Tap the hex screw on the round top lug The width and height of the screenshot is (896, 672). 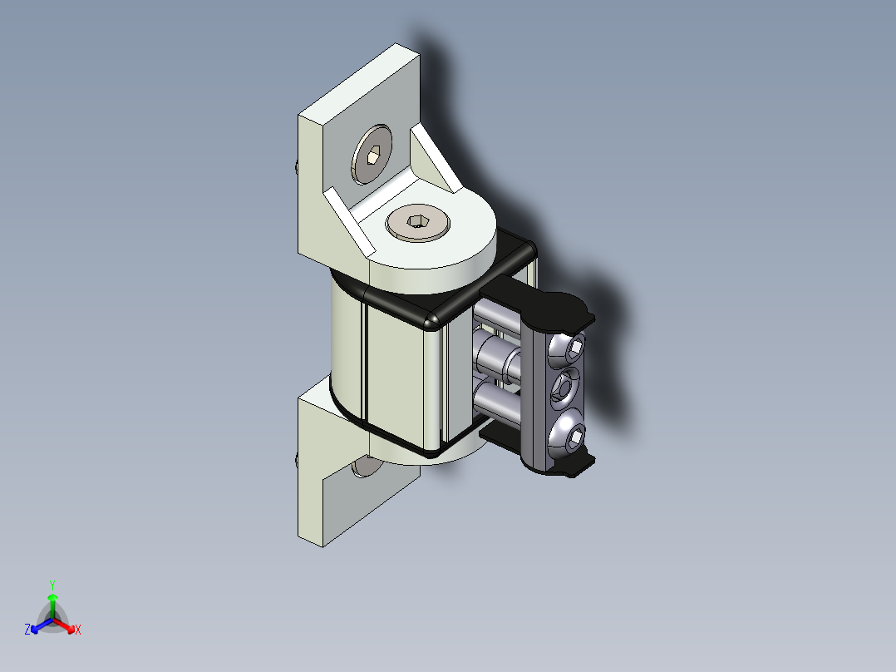coord(417,223)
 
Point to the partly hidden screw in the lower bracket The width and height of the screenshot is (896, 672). coord(363,467)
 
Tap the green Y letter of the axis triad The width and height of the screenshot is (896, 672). coord(52,584)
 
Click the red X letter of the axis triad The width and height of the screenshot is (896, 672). coord(78,630)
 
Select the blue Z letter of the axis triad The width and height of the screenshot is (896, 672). coord(27,630)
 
